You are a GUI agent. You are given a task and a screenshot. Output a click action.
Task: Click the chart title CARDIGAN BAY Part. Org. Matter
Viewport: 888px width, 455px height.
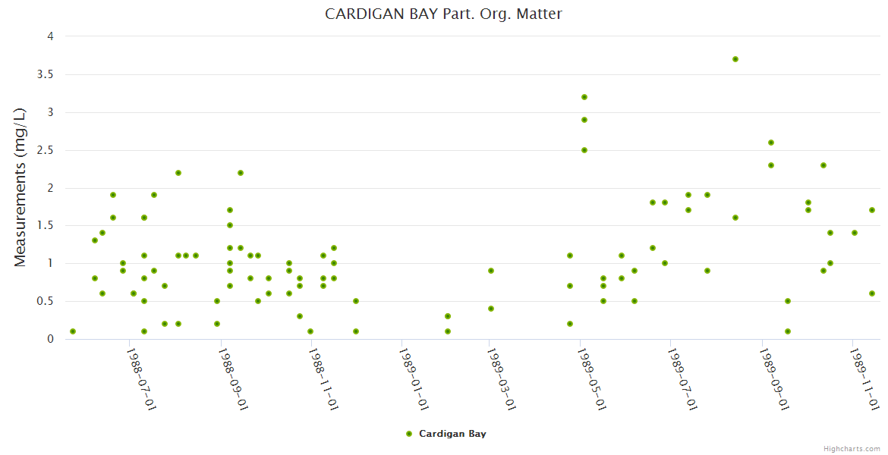443,14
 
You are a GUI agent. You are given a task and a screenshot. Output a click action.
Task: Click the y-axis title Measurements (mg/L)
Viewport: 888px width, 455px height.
20,187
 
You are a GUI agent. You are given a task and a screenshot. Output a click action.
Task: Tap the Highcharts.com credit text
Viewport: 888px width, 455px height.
852,448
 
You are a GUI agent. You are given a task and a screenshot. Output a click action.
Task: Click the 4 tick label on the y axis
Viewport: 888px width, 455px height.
50,36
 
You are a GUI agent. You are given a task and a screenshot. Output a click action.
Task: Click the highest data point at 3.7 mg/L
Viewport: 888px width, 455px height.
735,59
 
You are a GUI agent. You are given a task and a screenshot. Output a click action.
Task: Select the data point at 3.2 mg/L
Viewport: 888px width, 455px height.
584,97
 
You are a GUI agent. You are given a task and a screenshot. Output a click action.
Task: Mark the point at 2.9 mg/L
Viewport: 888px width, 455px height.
584,120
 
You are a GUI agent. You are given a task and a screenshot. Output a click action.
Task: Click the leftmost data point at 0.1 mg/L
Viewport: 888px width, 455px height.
73,331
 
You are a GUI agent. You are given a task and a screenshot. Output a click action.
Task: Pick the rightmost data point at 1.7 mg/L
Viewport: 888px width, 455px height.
872,210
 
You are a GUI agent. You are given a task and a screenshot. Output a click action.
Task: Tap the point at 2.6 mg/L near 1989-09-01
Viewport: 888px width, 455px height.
771,143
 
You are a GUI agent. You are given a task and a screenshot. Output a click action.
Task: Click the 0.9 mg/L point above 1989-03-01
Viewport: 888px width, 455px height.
491,271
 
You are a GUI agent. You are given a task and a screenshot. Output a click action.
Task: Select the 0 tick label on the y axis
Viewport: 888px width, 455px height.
50,339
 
